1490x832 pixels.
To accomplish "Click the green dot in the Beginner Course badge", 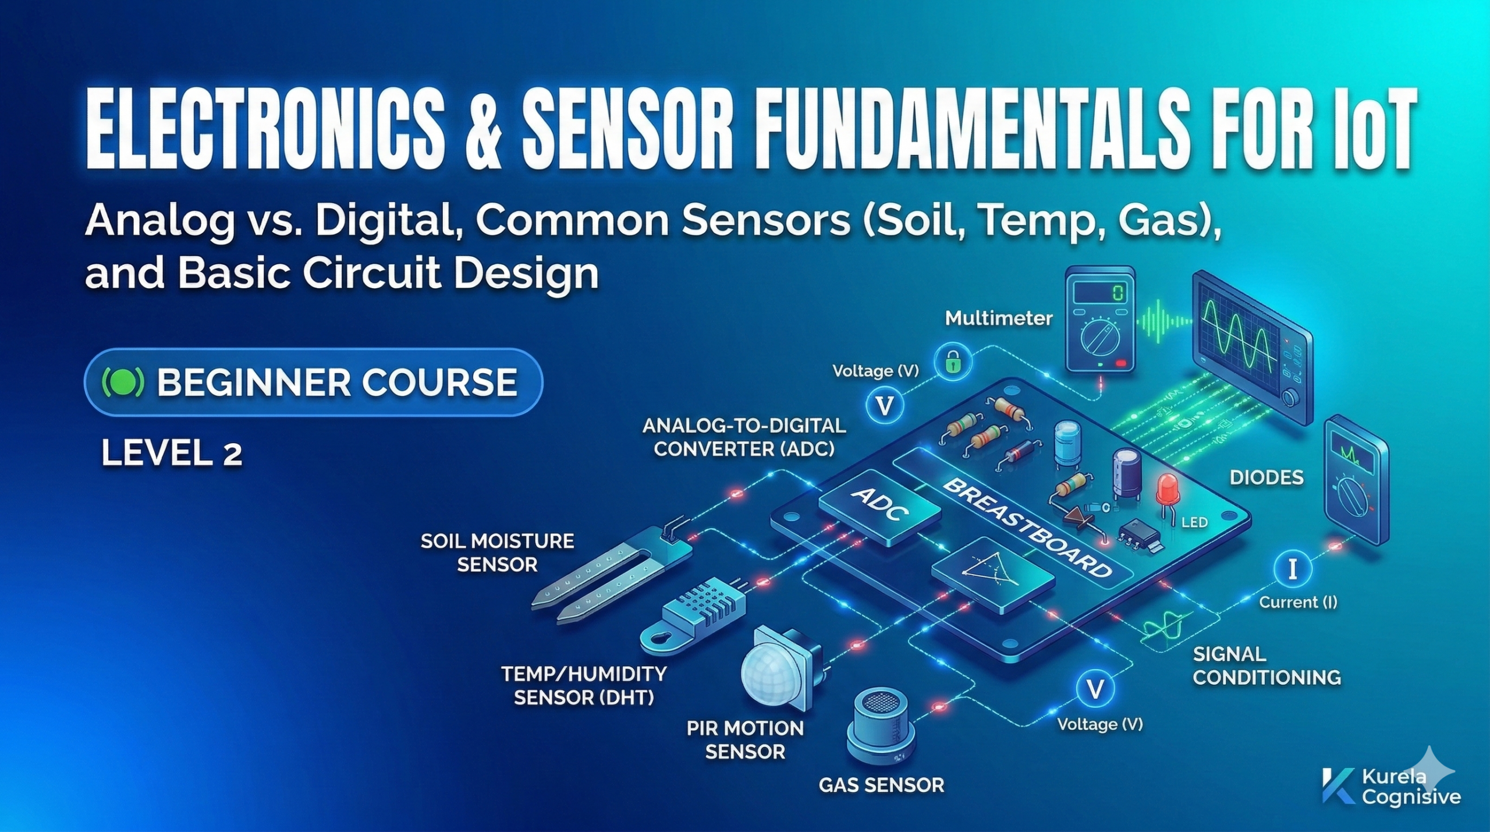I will [x=122, y=383].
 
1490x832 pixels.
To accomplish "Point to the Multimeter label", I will [x=999, y=318].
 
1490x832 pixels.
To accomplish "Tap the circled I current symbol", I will [x=1293, y=569].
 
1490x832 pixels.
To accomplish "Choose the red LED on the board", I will [x=1167, y=489].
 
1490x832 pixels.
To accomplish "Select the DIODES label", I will [x=1266, y=478].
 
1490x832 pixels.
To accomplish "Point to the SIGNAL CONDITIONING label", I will [x=1266, y=666].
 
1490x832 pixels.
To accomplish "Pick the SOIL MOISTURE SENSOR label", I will [x=497, y=553].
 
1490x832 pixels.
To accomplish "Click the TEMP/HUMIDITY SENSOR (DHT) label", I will [x=584, y=686].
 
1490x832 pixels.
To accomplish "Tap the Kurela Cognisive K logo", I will [x=1338, y=786].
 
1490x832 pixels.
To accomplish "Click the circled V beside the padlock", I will [x=885, y=406].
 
